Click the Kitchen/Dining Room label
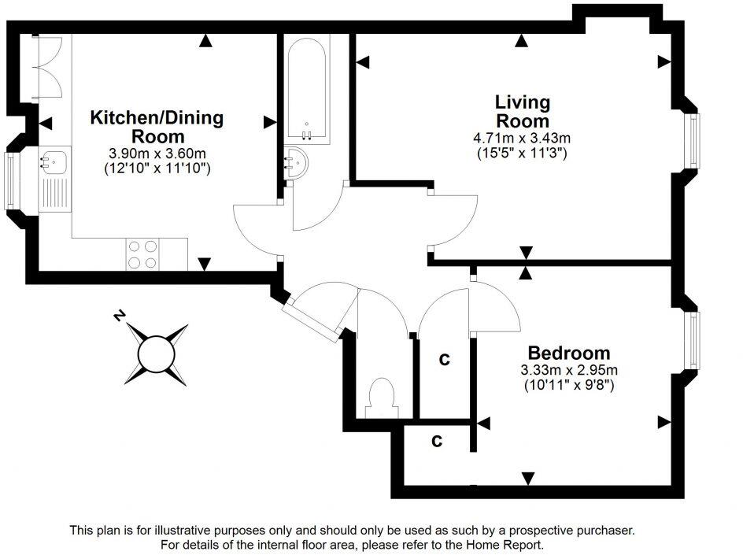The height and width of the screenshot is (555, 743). click(157, 127)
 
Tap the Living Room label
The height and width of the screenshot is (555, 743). click(522, 112)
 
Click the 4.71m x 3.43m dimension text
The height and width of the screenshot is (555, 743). click(522, 139)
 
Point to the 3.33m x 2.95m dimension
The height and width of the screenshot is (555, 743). click(569, 371)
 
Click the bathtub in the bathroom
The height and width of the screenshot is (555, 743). click(305, 87)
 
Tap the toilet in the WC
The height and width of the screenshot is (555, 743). click(381, 397)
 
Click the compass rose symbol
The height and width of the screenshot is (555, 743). click(154, 355)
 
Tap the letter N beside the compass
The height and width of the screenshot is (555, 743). click(120, 316)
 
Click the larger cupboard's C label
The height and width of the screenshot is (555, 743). click(444, 360)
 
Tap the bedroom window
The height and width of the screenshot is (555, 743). click(694, 339)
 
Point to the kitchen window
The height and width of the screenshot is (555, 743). click(10, 180)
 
